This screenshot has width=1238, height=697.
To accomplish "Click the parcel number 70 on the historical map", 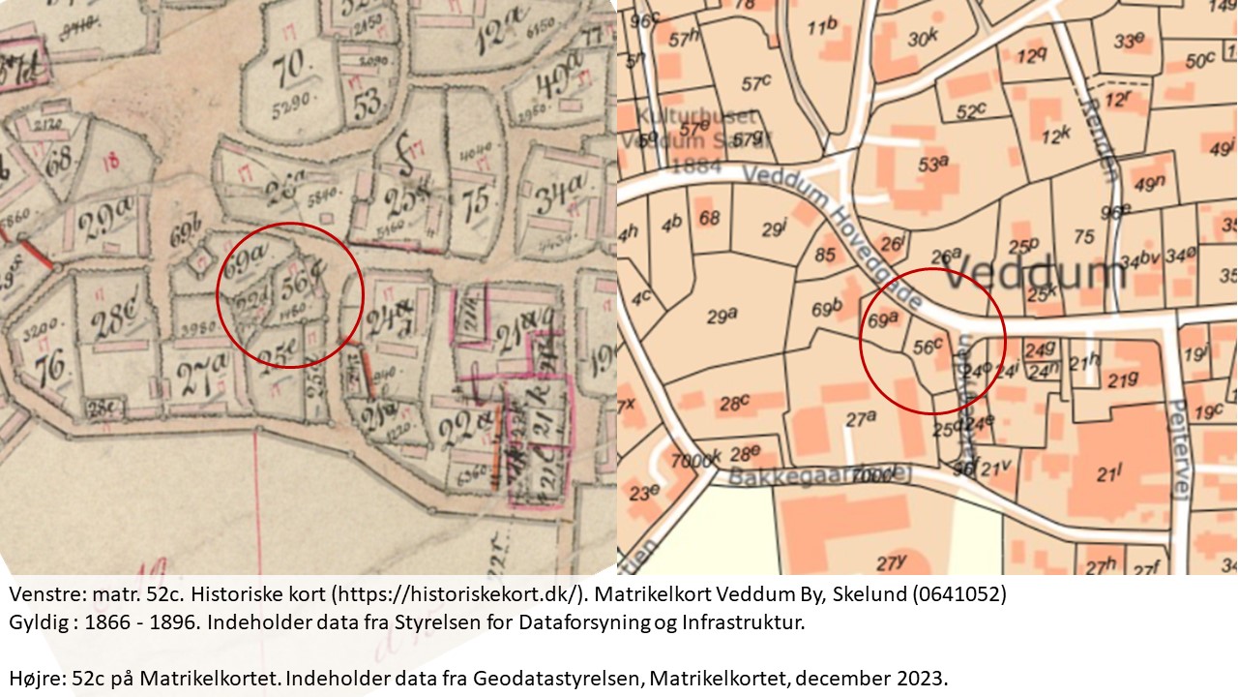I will click(x=287, y=69).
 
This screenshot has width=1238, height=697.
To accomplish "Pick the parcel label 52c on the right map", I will click(x=974, y=112).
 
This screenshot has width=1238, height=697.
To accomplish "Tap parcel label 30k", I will click(x=925, y=38).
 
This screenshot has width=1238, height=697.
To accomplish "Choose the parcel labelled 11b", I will click(x=822, y=26).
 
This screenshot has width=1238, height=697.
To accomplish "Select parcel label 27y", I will click(x=890, y=562).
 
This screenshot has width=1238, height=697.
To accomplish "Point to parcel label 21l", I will click(x=1109, y=474).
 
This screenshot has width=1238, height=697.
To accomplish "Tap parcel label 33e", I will click(x=1129, y=41).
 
